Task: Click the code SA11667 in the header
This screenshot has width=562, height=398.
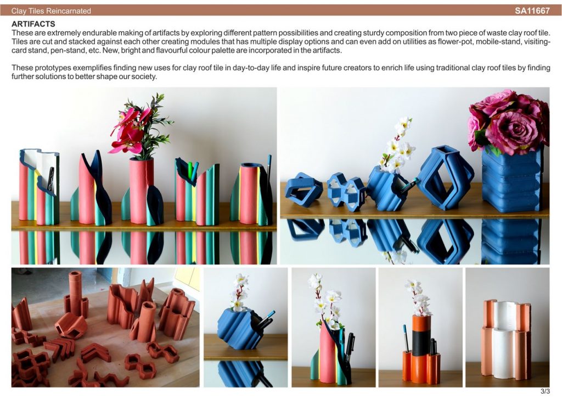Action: coord(532,11)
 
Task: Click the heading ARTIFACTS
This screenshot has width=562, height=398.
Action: coord(33,24)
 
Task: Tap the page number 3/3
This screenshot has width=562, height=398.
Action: coord(545,391)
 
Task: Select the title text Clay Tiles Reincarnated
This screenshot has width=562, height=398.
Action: coord(51,11)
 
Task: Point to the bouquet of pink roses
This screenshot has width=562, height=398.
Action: coord(508,122)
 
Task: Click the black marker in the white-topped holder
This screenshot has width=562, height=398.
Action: coord(50,178)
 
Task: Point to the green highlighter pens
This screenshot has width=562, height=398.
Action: coord(193,171)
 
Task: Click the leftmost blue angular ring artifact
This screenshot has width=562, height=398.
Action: coord(304,190)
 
